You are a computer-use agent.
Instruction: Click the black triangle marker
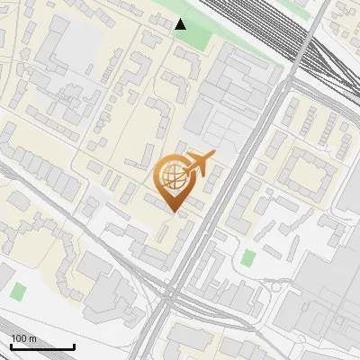[x=181, y=24]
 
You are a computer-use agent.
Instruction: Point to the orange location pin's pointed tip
[x=173, y=212]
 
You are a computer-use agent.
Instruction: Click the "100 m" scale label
[x=23, y=338]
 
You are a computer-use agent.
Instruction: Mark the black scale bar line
[x=42, y=346]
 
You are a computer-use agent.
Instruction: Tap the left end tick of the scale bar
[x=11, y=345]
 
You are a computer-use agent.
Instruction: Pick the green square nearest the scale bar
[x=18, y=292]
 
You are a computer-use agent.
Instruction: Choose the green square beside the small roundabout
[x=248, y=258]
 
